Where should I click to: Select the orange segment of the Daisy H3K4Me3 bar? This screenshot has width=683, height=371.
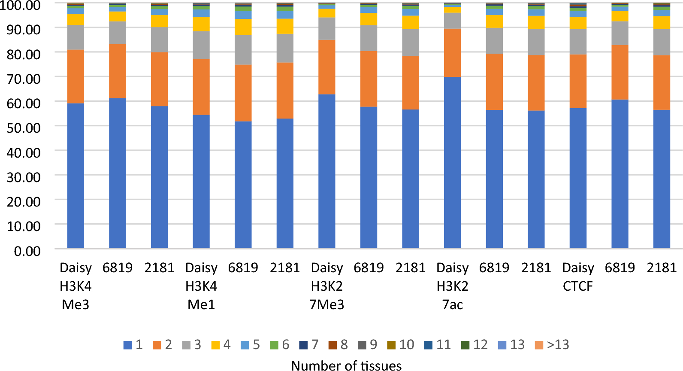coord(76,76)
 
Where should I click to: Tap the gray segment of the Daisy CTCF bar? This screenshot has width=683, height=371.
coord(578,42)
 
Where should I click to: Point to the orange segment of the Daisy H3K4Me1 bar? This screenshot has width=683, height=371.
coord(201,87)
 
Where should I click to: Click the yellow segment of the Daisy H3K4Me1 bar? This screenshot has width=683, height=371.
coord(201,24)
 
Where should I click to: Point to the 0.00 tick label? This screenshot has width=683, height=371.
coord(27,251)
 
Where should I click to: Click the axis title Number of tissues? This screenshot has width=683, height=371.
coord(346,365)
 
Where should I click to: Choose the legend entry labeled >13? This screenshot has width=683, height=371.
coord(553,345)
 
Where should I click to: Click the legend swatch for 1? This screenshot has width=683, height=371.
coord(127,345)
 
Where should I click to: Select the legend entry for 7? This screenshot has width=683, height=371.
coord(309,345)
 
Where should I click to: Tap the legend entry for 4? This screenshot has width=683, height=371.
coord(221,345)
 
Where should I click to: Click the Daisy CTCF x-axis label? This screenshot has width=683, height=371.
coord(578,277)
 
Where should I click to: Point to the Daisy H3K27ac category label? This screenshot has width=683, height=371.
coord(452,286)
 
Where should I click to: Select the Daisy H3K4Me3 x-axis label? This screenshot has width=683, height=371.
coord(76,286)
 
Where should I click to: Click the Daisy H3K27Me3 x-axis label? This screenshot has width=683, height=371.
coord(326,286)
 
